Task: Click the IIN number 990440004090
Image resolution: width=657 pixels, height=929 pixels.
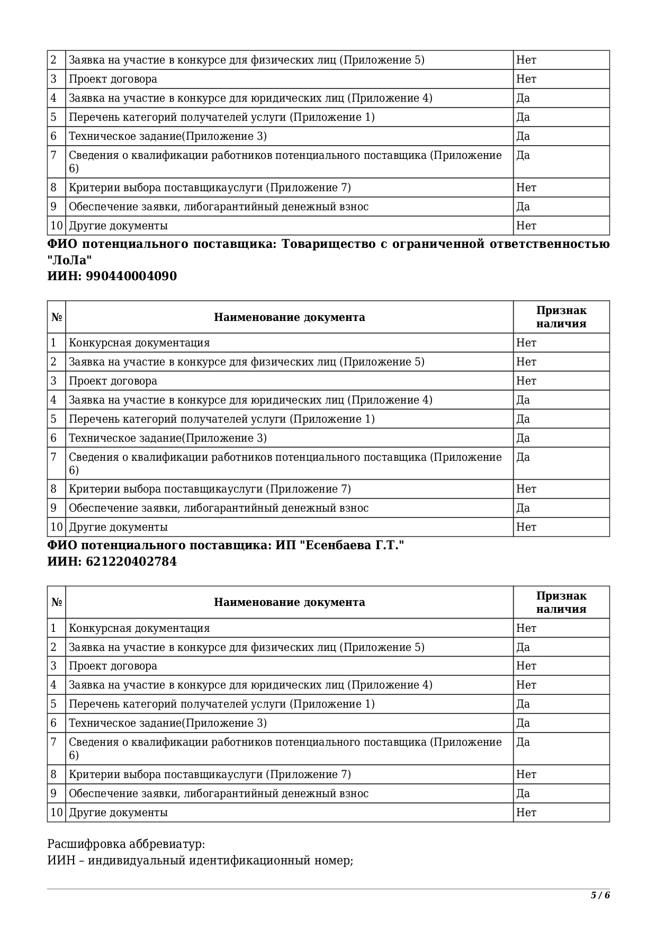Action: (x=131, y=276)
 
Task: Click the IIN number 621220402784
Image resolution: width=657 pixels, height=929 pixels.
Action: (x=131, y=561)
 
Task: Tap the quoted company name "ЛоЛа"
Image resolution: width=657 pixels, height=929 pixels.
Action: (x=69, y=260)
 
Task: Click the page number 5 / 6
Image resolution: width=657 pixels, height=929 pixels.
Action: (x=600, y=896)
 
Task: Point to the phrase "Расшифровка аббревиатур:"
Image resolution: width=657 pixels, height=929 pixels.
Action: (x=126, y=844)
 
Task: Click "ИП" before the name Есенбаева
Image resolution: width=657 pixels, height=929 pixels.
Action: (x=282, y=546)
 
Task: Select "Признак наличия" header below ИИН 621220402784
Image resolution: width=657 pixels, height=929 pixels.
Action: (x=561, y=602)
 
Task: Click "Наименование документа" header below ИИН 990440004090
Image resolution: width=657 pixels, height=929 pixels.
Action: (x=289, y=317)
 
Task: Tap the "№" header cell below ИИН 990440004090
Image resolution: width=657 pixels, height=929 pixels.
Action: (x=57, y=317)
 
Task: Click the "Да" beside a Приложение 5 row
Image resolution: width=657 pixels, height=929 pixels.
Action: (x=523, y=647)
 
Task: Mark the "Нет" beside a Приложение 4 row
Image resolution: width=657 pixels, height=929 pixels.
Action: (x=526, y=685)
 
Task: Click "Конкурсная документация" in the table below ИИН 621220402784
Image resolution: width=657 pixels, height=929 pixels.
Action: (x=139, y=628)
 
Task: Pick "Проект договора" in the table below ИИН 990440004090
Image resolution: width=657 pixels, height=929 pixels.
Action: (x=113, y=381)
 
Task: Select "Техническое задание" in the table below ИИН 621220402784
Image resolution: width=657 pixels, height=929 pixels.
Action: (x=125, y=723)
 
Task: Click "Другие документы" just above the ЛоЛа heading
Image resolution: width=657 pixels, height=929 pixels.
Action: (x=118, y=226)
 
